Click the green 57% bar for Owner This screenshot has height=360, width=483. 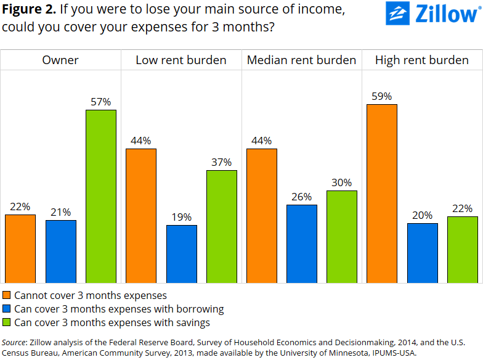pos(101,197)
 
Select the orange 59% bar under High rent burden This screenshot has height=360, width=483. pos(382,194)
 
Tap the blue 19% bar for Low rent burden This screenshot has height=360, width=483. pos(182,254)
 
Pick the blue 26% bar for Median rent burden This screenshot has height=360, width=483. pos(302,244)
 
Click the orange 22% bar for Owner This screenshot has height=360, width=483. pos(20,249)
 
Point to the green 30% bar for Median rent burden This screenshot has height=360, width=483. pos(342,237)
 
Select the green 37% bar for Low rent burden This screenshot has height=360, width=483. pos(222,227)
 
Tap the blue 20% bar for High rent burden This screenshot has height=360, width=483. pos(423,253)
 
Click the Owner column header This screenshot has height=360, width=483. pos(60,60)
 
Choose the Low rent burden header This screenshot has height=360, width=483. pos(181,60)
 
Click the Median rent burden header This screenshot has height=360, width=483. pos(301,60)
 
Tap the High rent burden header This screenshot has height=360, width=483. pos(422,60)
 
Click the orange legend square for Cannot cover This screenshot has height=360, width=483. pos(7,295)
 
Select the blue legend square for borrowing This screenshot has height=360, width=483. pos(7,309)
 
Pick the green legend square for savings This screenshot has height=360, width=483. pos(7,322)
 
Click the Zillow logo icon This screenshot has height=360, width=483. pos(397,14)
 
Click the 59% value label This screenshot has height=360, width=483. pos(382,96)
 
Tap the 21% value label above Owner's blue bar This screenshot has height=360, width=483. pos(60,212)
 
